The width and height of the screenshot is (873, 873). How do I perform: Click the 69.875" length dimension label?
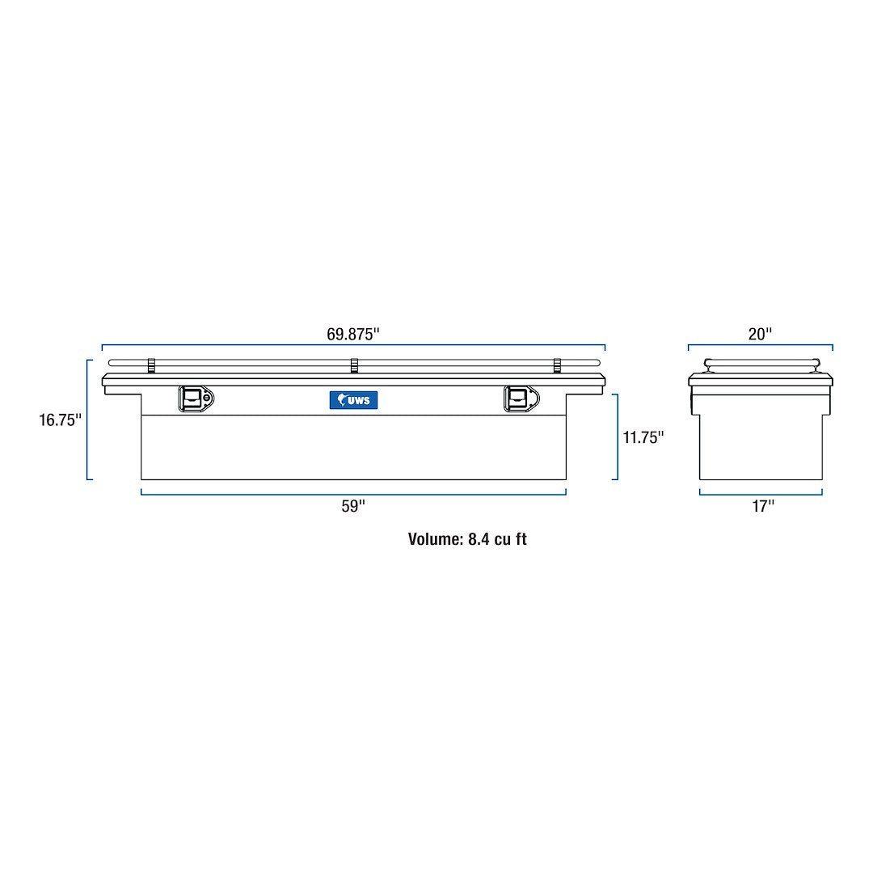[x=353, y=333]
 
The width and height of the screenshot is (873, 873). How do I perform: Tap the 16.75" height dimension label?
[x=60, y=420]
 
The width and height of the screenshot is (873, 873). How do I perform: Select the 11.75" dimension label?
[x=643, y=437]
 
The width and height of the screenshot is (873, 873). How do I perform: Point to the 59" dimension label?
[x=353, y=506]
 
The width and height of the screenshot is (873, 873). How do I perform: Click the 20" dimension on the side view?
[x=760, y=333]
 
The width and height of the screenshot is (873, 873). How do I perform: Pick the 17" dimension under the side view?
[x=761, y=506]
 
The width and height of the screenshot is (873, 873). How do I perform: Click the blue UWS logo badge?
[x=353, y=399]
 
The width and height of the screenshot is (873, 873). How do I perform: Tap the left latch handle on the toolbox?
[x=193, y=399]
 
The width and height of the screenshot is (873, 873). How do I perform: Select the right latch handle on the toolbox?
[x=517, y=399]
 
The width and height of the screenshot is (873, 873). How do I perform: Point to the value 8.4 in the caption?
[x=479, y=539]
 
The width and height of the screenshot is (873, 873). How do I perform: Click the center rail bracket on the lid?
[x=354, y=366]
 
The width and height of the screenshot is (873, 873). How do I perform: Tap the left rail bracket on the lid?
[x=151, y=366]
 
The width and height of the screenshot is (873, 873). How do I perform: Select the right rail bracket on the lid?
[x=557, y=366]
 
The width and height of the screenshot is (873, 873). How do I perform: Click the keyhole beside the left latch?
[x=207, y=397]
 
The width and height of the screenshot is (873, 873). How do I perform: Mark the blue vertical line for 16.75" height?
[x=87, y=420]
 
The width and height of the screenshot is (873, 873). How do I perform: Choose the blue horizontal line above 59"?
[x=353, y=492]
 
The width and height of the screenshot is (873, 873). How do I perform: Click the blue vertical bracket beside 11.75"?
[x=618, y=436]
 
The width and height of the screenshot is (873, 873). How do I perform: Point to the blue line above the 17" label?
[x=761, y=493]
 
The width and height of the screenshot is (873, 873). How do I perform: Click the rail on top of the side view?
[x=761, y=365]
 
